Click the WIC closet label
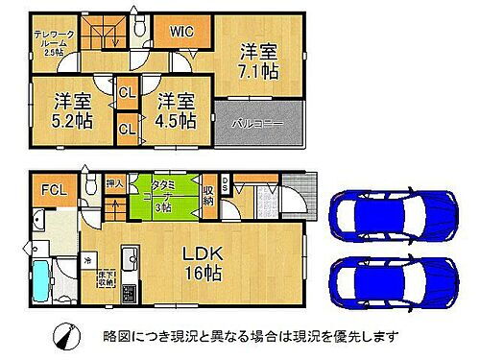[x=182, y=32]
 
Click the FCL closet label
[x=49, y=189]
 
